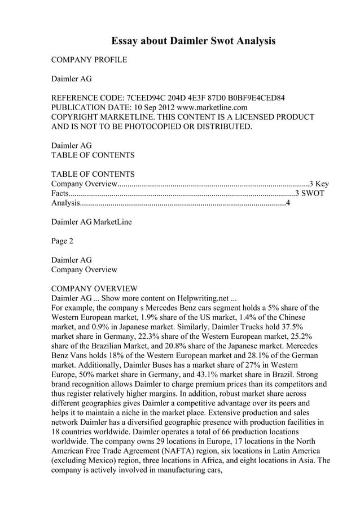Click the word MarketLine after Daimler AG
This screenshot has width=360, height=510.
[112, 222]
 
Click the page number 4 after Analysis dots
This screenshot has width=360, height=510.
[288, 203]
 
